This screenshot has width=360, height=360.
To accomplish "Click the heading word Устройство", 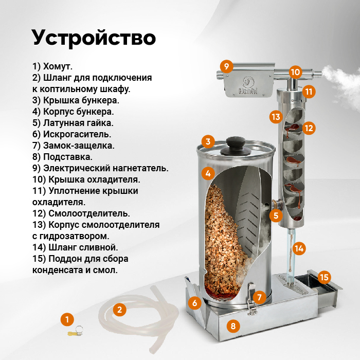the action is click(x=94, y=38).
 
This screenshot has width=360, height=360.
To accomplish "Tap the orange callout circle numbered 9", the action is click(x=226, y=66).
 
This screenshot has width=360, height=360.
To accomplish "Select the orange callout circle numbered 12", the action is click(x=309, y=128).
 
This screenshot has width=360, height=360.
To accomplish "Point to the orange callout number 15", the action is click(x=324, y=277).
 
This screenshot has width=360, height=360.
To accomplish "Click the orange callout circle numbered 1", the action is click(x=67, y=319).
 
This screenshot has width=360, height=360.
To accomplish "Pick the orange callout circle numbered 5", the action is click(x=276, y=215).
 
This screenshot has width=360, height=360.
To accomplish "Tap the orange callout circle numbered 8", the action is click(x=233, y=326).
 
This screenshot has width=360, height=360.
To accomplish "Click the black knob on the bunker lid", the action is click(x=236, y=147).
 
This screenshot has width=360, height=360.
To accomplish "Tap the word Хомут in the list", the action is click(x=58, y=66).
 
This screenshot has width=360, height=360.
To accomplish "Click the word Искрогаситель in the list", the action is click(x=77, y=134).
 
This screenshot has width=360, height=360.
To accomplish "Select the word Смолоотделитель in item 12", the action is click(x=89, y=213).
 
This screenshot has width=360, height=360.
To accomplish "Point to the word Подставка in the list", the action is click(x=68, y=157).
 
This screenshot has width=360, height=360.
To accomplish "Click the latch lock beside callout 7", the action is click(x=252, y=299).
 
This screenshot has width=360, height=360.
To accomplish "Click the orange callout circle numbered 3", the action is click(x=208, y=141).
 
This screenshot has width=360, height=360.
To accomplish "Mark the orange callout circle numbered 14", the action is click(x=299, y=248).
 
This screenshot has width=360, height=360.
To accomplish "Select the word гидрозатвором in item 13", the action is click(x=74, y=236).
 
